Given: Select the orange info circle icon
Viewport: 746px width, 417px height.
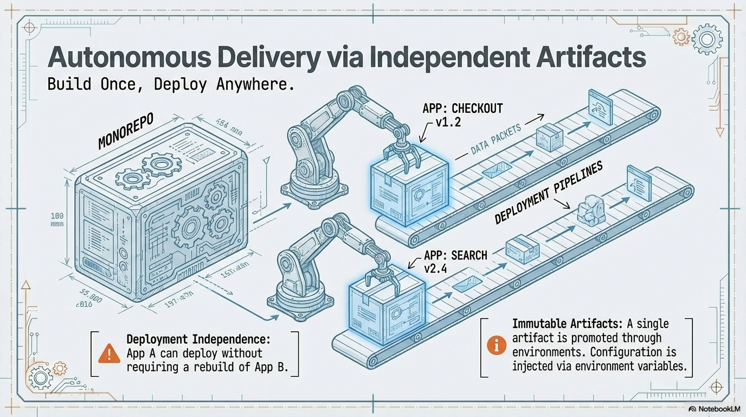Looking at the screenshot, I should pyautogui.click(x=497, y=346).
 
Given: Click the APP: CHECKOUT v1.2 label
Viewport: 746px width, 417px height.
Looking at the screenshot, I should pyautogui.click(x=462, y=114).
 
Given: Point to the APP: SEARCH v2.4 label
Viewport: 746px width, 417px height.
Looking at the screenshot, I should pyautogui.click(x=447, y=261).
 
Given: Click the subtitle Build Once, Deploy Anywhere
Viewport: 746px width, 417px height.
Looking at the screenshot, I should pyautogui.click(x=171, y=86).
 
